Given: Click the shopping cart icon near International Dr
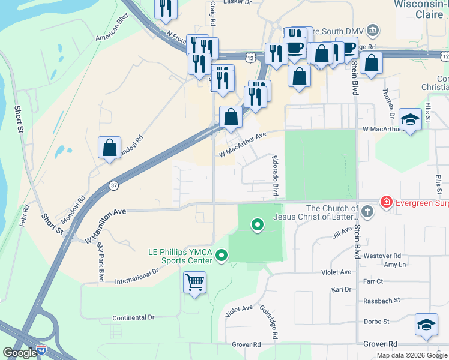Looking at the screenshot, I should click(194, 281).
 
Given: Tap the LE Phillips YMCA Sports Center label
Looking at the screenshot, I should click(180, 256).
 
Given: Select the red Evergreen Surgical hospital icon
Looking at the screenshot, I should click(387, 203).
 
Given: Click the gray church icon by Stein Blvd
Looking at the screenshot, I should click(367, 211).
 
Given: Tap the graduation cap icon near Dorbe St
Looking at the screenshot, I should click(426, 325).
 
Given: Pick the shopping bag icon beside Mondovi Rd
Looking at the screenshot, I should click(110, 147).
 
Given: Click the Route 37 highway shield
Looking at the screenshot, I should click(114, 186).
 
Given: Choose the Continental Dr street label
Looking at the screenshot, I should click(133, 317).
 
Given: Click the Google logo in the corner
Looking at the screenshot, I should click(20, 353).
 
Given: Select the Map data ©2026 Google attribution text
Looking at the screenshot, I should click(411, 355).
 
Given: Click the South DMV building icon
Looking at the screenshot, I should click(372, 30).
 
